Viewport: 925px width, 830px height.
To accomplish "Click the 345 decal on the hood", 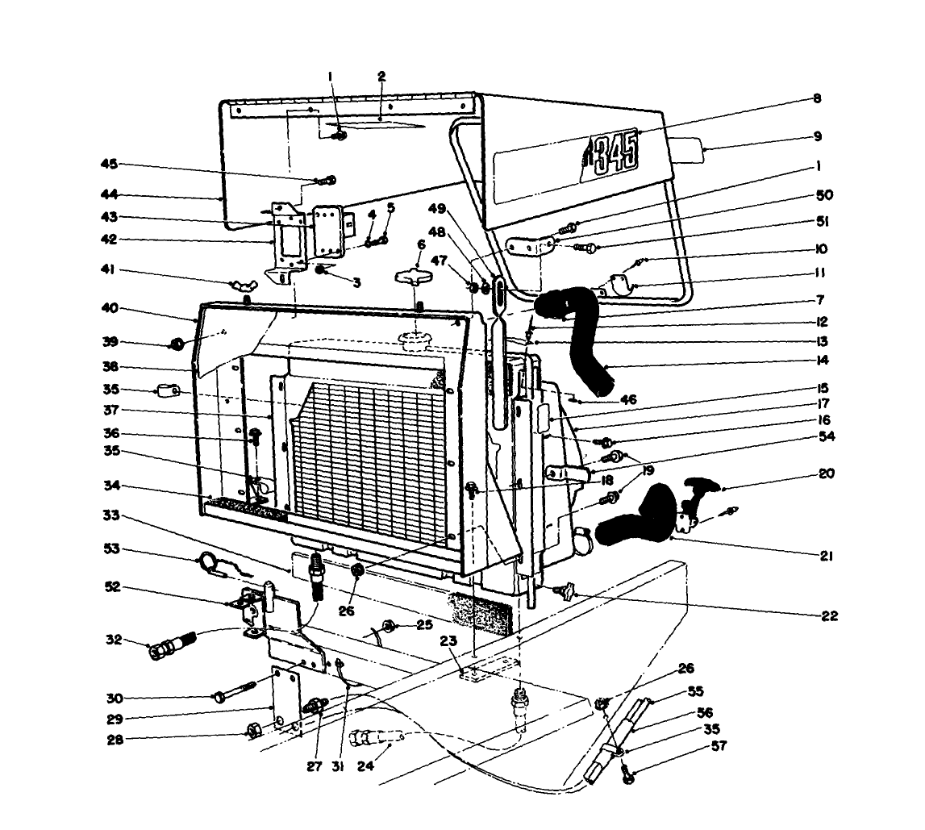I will (611, 150).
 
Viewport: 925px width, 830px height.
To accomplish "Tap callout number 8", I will (816, 98).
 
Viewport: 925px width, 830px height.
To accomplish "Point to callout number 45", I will (107, 165).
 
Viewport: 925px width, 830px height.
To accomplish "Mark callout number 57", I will (718, 746).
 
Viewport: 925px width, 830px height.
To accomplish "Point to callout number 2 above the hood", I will (381, 76).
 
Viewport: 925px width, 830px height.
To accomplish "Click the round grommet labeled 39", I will (175, 345).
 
